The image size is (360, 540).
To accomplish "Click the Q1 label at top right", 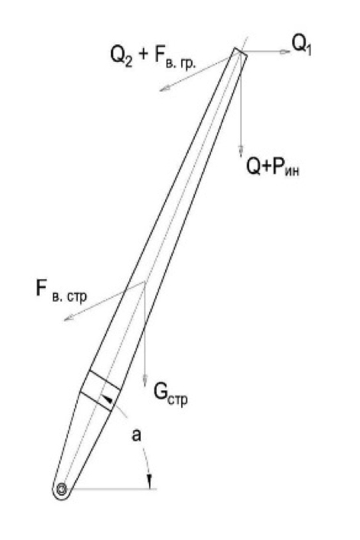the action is point(302,45).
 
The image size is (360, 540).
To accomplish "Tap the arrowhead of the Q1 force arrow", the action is point(284,52).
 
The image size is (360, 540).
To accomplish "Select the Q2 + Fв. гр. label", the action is point(153,57).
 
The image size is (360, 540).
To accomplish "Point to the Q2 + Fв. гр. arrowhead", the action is point(164,88).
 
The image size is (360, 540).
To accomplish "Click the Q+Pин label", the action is point(273,167).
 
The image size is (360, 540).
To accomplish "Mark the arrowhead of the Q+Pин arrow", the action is point(242,150).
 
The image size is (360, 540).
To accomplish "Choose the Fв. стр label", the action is point(62,290).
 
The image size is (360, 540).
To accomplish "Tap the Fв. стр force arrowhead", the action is point(70,318).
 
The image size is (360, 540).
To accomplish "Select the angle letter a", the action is point(136,435).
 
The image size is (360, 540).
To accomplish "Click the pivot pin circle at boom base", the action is point(62,489).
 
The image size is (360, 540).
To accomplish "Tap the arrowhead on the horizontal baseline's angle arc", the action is point(150,481).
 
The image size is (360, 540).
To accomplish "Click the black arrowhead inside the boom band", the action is point(108,399).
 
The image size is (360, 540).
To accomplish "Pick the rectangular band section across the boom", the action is point(100,391).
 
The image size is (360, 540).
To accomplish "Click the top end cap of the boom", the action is point(241,53).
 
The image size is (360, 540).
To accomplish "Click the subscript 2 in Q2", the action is point(128,63).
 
